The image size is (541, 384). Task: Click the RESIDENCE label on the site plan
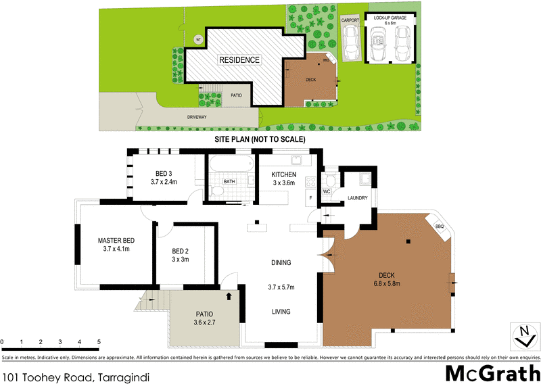click(239, 60)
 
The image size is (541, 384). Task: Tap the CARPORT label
click(350, 21)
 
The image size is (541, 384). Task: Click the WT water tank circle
click(198, 39)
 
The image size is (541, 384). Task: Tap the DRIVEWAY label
click(197, 117)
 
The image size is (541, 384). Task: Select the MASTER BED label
click(116, 241)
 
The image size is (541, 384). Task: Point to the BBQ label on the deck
click(439, 226)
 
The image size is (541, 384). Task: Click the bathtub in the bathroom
click(229, 164)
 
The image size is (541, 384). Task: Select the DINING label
click(281, 263)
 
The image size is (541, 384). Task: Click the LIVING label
click(281, 312)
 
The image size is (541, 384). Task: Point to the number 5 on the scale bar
click(99, 342)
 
